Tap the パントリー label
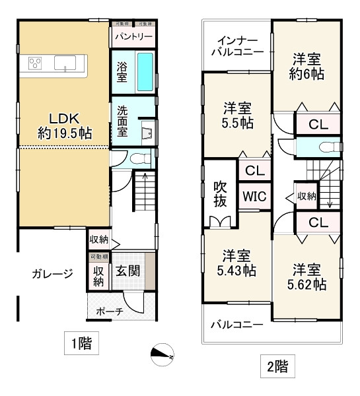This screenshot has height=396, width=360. point(133,37)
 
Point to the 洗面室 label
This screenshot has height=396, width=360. point(122,121)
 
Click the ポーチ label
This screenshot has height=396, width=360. point(109,312)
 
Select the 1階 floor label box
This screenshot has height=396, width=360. point(82,343)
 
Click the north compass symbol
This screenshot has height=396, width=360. point(162,355)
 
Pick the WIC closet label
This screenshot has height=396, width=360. point(254,196)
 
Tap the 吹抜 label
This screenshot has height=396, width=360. point(219,195)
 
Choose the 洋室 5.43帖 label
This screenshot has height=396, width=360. point(236,262)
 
